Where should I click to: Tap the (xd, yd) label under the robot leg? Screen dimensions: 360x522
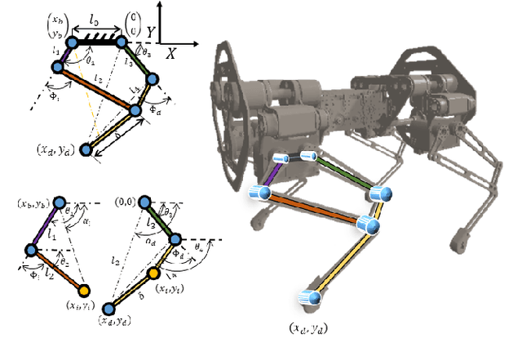pos(311,328)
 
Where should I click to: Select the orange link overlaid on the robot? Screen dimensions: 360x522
pos(315,207)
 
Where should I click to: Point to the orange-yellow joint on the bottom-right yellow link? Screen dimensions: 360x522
pos(153,273)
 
